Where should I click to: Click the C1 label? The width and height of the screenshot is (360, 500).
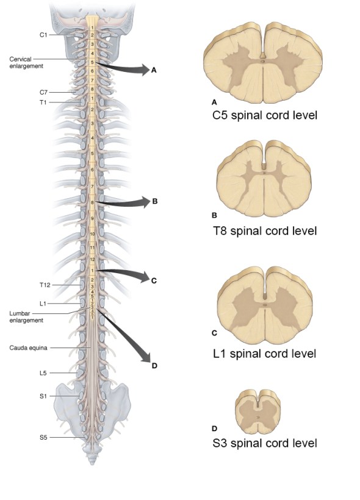[x=43, y=35]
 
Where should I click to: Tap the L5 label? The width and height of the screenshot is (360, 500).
[x=43, y=371]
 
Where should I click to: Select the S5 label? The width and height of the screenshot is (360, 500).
[x=43, y=437]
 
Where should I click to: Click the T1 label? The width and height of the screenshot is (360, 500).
[x=43, y=102]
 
